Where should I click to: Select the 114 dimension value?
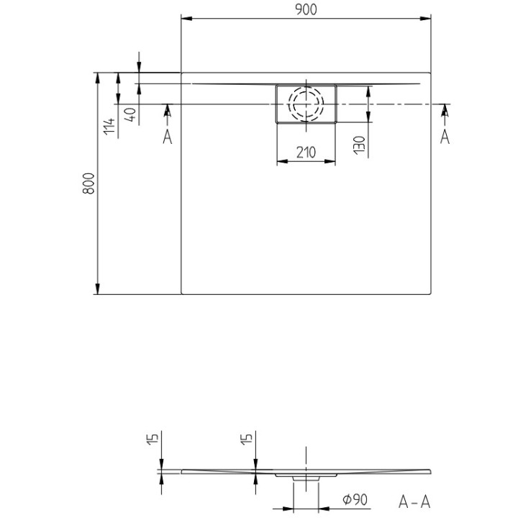coord(109,126)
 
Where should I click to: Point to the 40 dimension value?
coord(129,114)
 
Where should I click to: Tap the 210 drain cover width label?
coord(306,152)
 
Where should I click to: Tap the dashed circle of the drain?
coord(306,104)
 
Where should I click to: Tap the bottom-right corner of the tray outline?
coord(431,294)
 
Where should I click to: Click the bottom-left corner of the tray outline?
coord(181,294)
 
